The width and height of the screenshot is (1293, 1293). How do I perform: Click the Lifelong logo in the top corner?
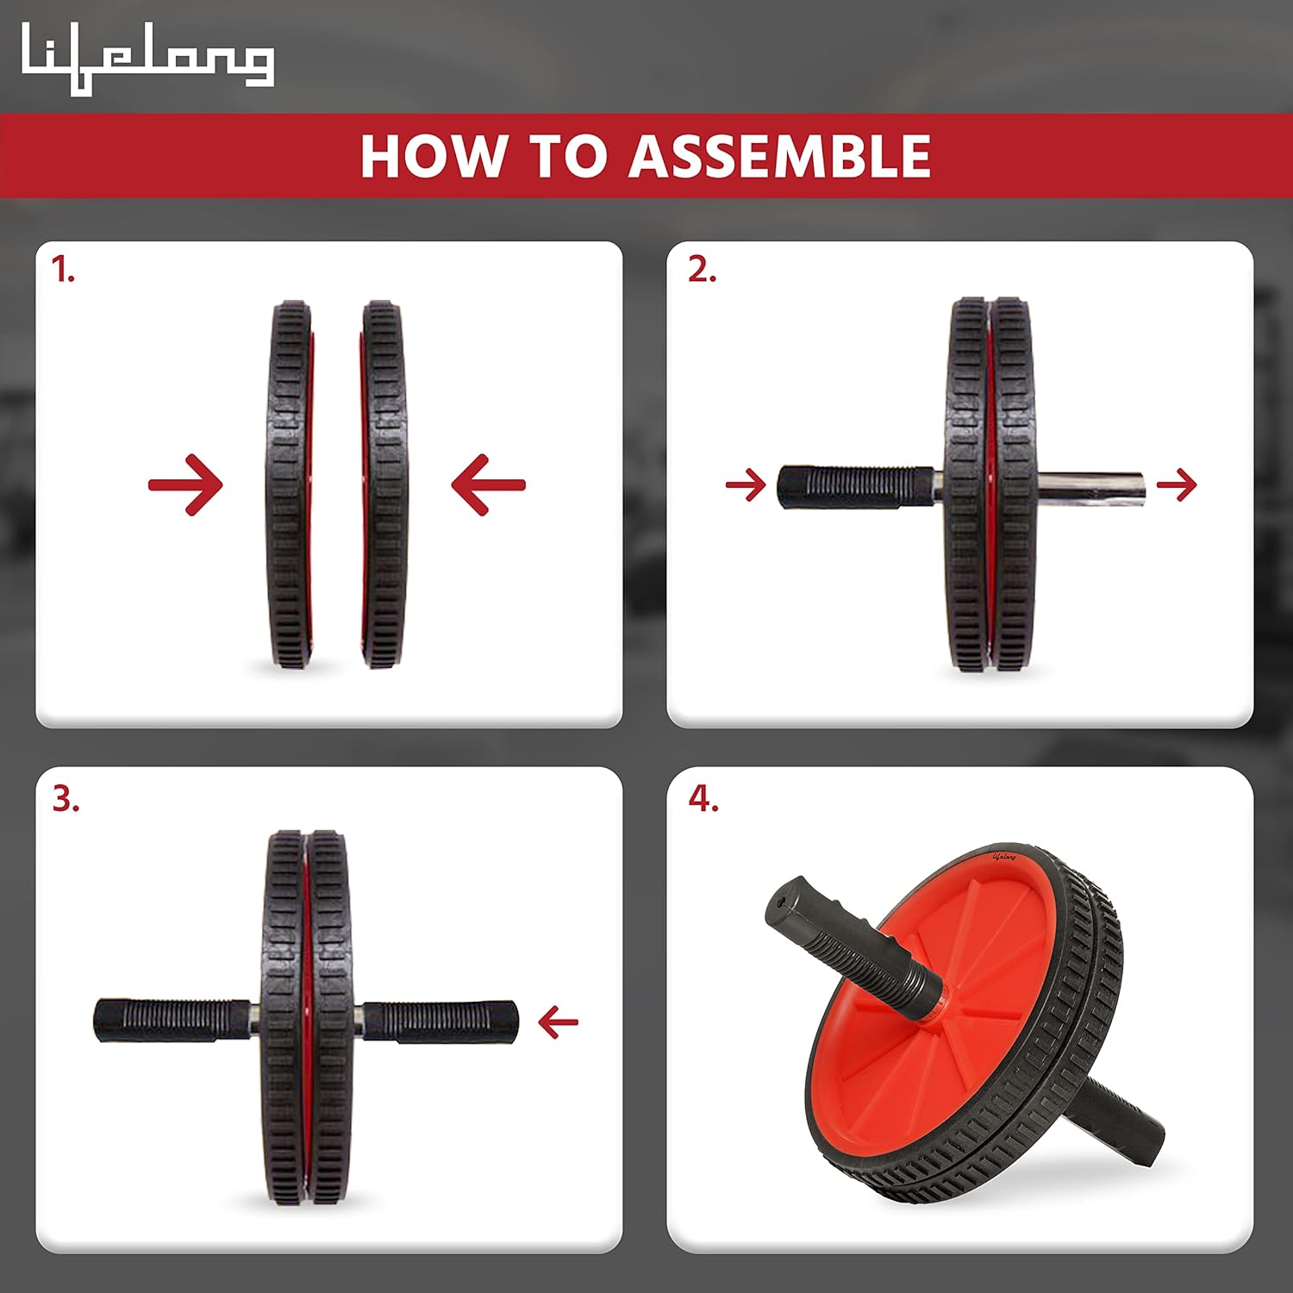pyautogui.click(x=147, y=59)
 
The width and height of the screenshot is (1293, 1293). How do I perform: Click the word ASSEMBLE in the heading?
pyautogui.click(x=779, y=156)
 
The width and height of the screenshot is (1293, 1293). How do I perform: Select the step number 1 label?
pyautogui.click(x=63, y=271)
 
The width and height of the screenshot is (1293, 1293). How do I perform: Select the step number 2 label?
pyautogui.click(x=702, y=270)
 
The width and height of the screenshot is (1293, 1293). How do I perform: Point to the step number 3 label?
pyautogui.click(x=66, y=799)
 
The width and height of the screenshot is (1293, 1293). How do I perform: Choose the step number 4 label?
pyautogui.click(x=703, y=799)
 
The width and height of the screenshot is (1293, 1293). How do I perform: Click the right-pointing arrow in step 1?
pyautogui.click(x=185, y=484)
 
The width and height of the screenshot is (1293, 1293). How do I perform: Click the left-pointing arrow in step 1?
pyautogui.click(x=488, y=484)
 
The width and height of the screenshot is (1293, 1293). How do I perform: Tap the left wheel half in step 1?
pyautogui.click(x=290, y=484)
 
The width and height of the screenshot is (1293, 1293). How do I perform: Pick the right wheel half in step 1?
pyautogui.click(x=383, y=484)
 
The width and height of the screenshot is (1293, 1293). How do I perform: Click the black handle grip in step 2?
pyautogui.click(x=856, y=487)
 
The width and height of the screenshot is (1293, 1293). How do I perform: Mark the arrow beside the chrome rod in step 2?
pyautogui.click(x=1177, y=484)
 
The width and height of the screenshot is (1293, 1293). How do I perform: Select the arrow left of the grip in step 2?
pyautogui.click(x=746, y=484)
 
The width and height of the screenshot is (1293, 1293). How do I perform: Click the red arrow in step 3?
pyautogui.click(x=558, y=1022)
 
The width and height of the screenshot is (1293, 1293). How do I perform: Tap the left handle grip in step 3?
pyautogui.click(x=172, y=1021)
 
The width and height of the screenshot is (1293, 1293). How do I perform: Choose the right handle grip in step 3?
pyautogui.click(x=440, y=1021)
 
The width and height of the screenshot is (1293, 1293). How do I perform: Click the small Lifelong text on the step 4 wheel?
pyautogui.click(x=1004, y=857)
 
